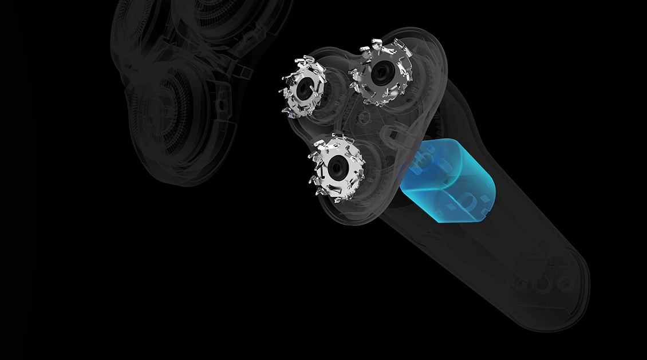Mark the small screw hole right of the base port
pyautogui.click(x=566, y=284)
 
